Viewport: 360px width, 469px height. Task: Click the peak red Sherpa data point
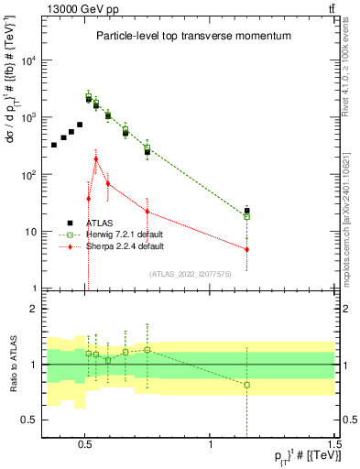coord(96,158)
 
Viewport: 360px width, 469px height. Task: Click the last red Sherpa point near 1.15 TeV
coord(246,249)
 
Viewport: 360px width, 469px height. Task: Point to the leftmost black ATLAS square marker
coord(54,145)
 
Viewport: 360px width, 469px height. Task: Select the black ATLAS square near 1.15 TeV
coord(246,211)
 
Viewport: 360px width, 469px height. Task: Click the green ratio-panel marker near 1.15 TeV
coord(246,385)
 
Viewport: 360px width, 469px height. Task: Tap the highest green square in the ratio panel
coord(147,349)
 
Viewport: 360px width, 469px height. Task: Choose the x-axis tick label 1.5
coord(335,442)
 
